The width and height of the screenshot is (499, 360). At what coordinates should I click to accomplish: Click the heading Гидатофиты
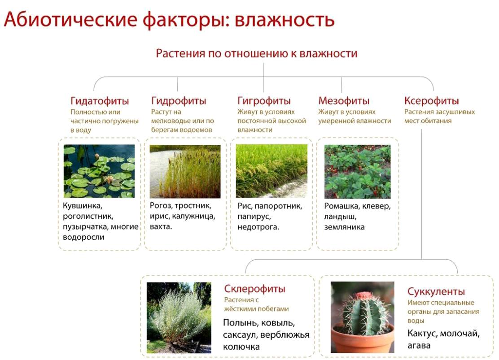[x=100, y=101]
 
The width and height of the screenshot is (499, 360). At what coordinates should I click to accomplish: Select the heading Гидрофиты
[x=179, y=101]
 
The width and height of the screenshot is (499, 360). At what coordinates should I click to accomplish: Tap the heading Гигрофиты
[x=264, y=101]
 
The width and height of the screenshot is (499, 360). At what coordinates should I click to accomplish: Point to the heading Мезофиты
[x=344, y=101]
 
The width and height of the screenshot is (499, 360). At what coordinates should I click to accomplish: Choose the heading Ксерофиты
[x=432, y=101]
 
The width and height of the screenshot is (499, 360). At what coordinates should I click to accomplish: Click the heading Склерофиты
[x=254, y=289]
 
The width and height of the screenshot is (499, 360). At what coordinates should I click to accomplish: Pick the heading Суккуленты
[x=436, y=291]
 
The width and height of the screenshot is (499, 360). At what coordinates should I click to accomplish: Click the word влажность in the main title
[x=285, y=20]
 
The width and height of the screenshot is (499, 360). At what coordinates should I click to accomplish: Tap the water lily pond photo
[x=99, y=171]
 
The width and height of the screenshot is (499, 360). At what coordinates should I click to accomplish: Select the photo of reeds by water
[x=185, y=171]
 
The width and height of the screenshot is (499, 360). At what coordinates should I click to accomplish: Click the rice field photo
[x=271, y=171]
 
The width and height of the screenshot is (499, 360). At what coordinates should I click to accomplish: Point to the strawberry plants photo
[x=357, y=172]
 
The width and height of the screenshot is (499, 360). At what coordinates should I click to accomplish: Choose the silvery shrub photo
[x=179, y=318]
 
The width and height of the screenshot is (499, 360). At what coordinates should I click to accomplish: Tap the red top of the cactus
[x=363, y=296]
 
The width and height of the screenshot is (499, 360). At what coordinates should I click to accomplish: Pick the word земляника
[x=344, y=227]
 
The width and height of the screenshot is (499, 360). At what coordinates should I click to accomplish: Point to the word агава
[x=419, y=346]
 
